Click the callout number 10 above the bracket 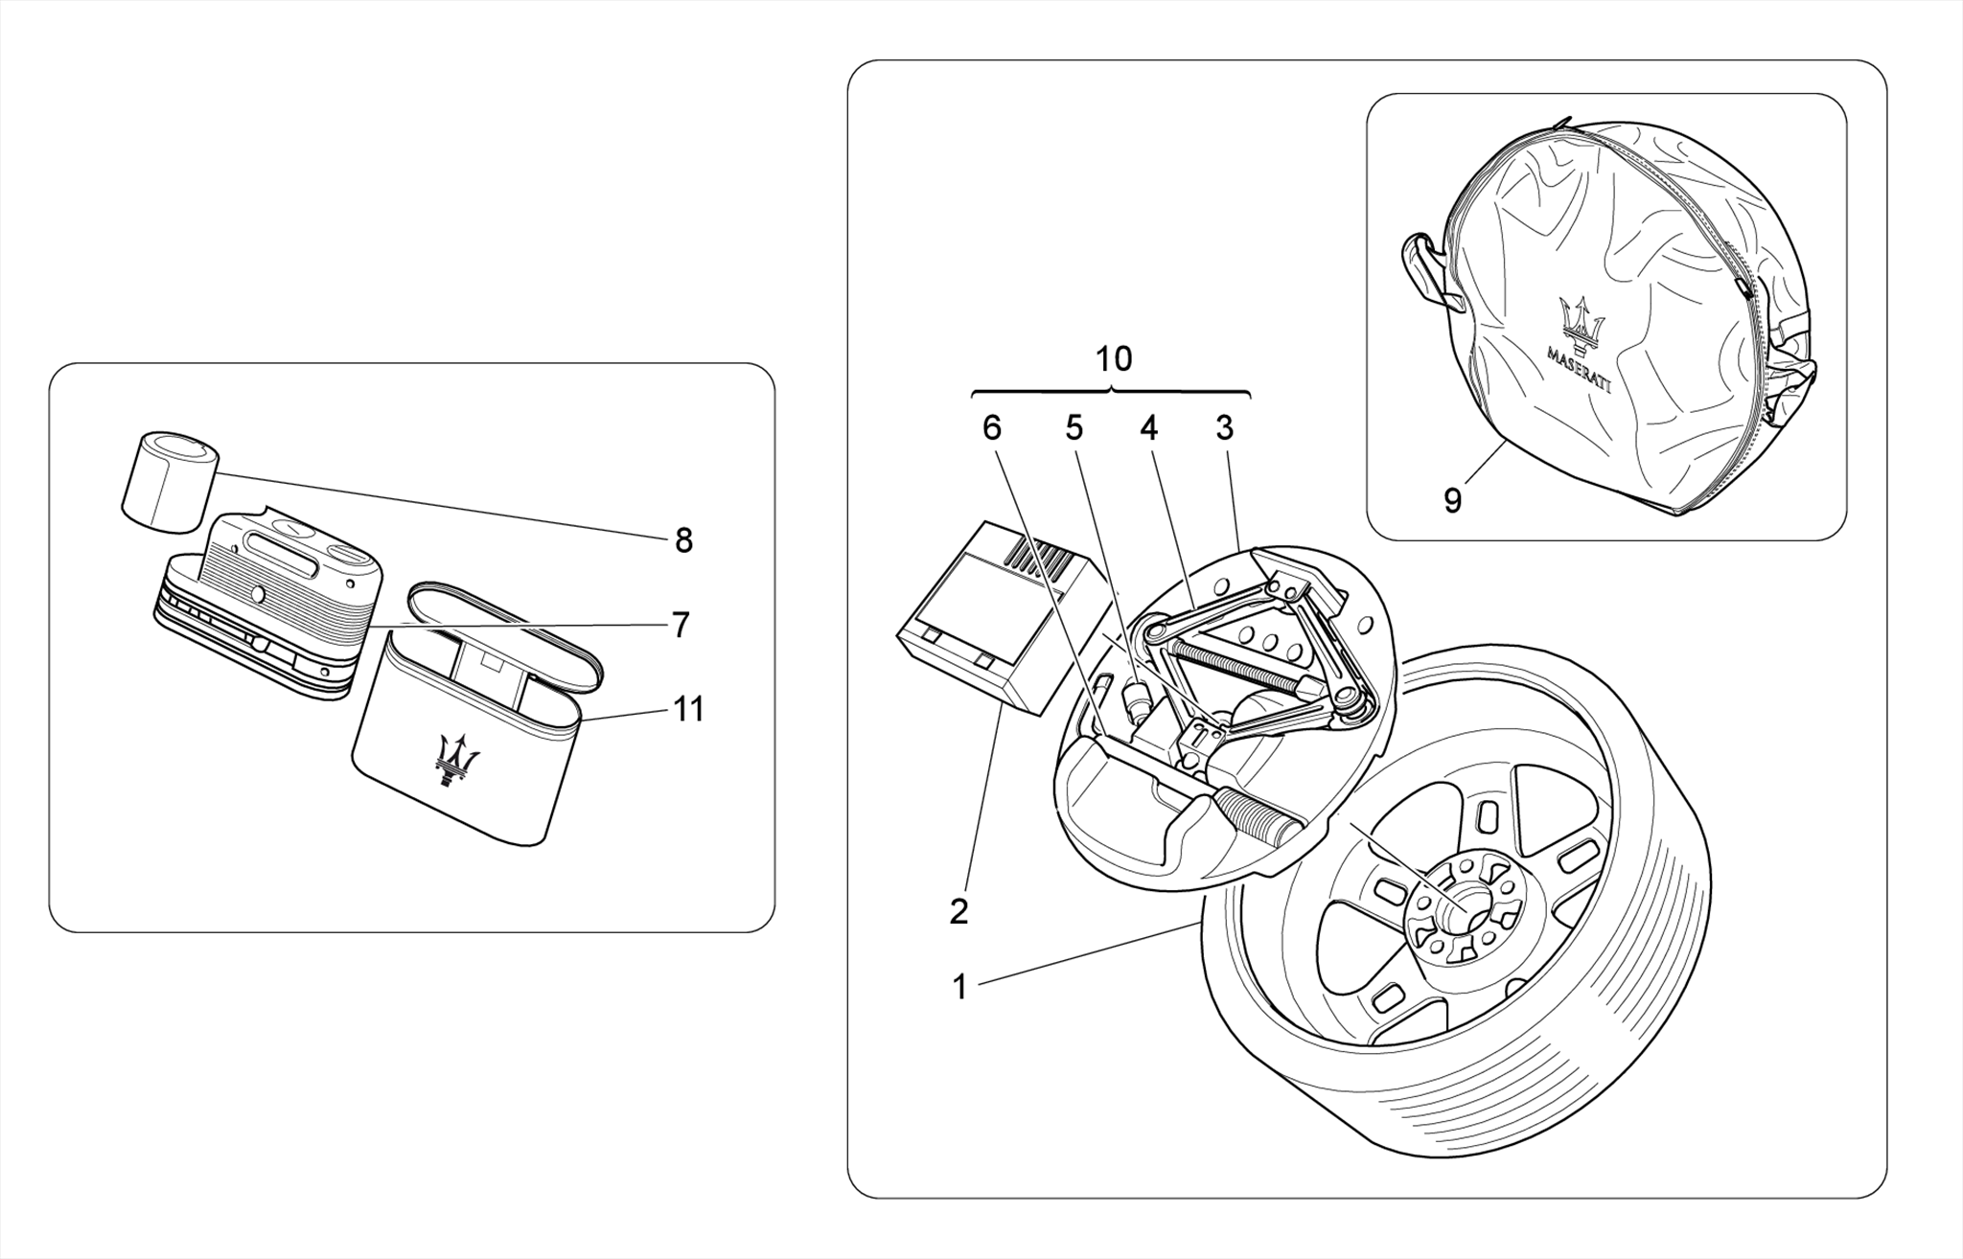1113,359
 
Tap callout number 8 682,541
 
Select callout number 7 680,626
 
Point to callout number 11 688,709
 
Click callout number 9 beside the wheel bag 1452,500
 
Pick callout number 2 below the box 958,911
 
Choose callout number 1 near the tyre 959,987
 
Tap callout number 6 991,428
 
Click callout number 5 1074,428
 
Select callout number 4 1148,428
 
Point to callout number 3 1224,428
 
